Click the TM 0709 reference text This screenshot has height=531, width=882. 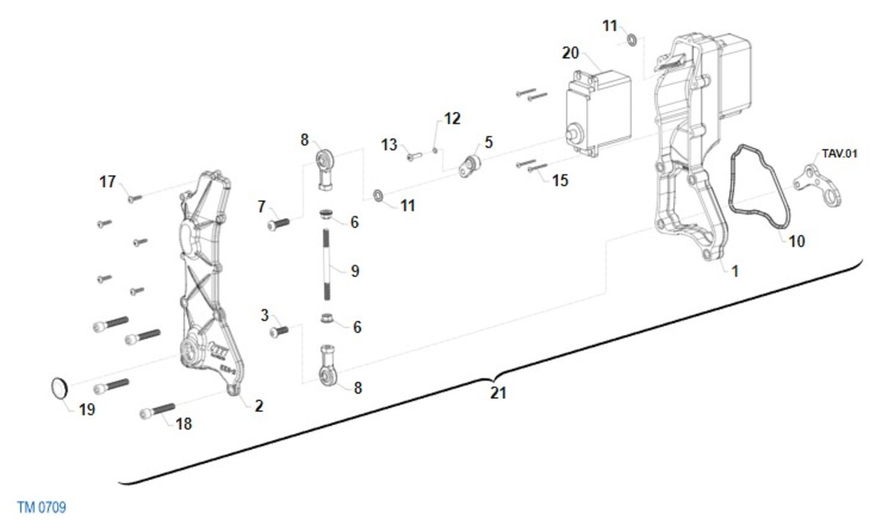point(41,507)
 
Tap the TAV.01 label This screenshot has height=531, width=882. point(839,154)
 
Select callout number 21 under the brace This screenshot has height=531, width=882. point(498,393)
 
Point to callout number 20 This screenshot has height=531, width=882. point(571,53)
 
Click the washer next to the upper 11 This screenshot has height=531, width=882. point(631,38)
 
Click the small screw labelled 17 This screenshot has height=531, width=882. point(134,198)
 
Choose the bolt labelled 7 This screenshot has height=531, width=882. point(279,224)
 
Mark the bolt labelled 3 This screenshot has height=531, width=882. point(279,332)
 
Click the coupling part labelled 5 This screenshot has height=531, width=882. point(469,165)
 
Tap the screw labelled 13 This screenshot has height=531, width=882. point(414,156)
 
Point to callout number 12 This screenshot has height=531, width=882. point(451,118)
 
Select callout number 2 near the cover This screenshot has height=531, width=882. point(259,405)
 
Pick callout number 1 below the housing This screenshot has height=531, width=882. point(734,271)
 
